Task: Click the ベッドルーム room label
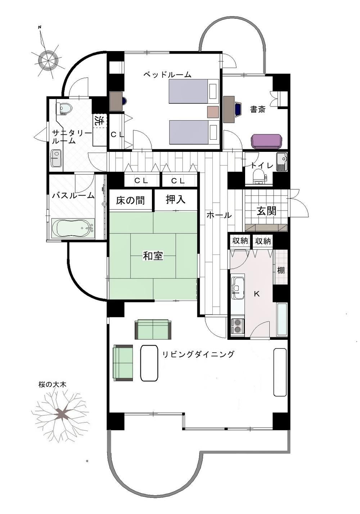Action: [167, 75]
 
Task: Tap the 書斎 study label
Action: [257, 109]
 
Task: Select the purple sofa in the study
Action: [267, 141]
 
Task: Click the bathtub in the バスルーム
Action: [73, 229]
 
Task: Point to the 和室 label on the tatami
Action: [153, 256]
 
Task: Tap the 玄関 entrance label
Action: [266, 211]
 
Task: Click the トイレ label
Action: [262, 165]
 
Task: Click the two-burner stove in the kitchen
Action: [236, 326]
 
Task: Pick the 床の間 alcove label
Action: [130, 200]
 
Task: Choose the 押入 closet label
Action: [176, 200]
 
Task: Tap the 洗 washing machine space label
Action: [99, 121]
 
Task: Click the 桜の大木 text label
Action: [52, 384]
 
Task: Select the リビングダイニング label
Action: [198, 354]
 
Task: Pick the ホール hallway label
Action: [219, 215]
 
